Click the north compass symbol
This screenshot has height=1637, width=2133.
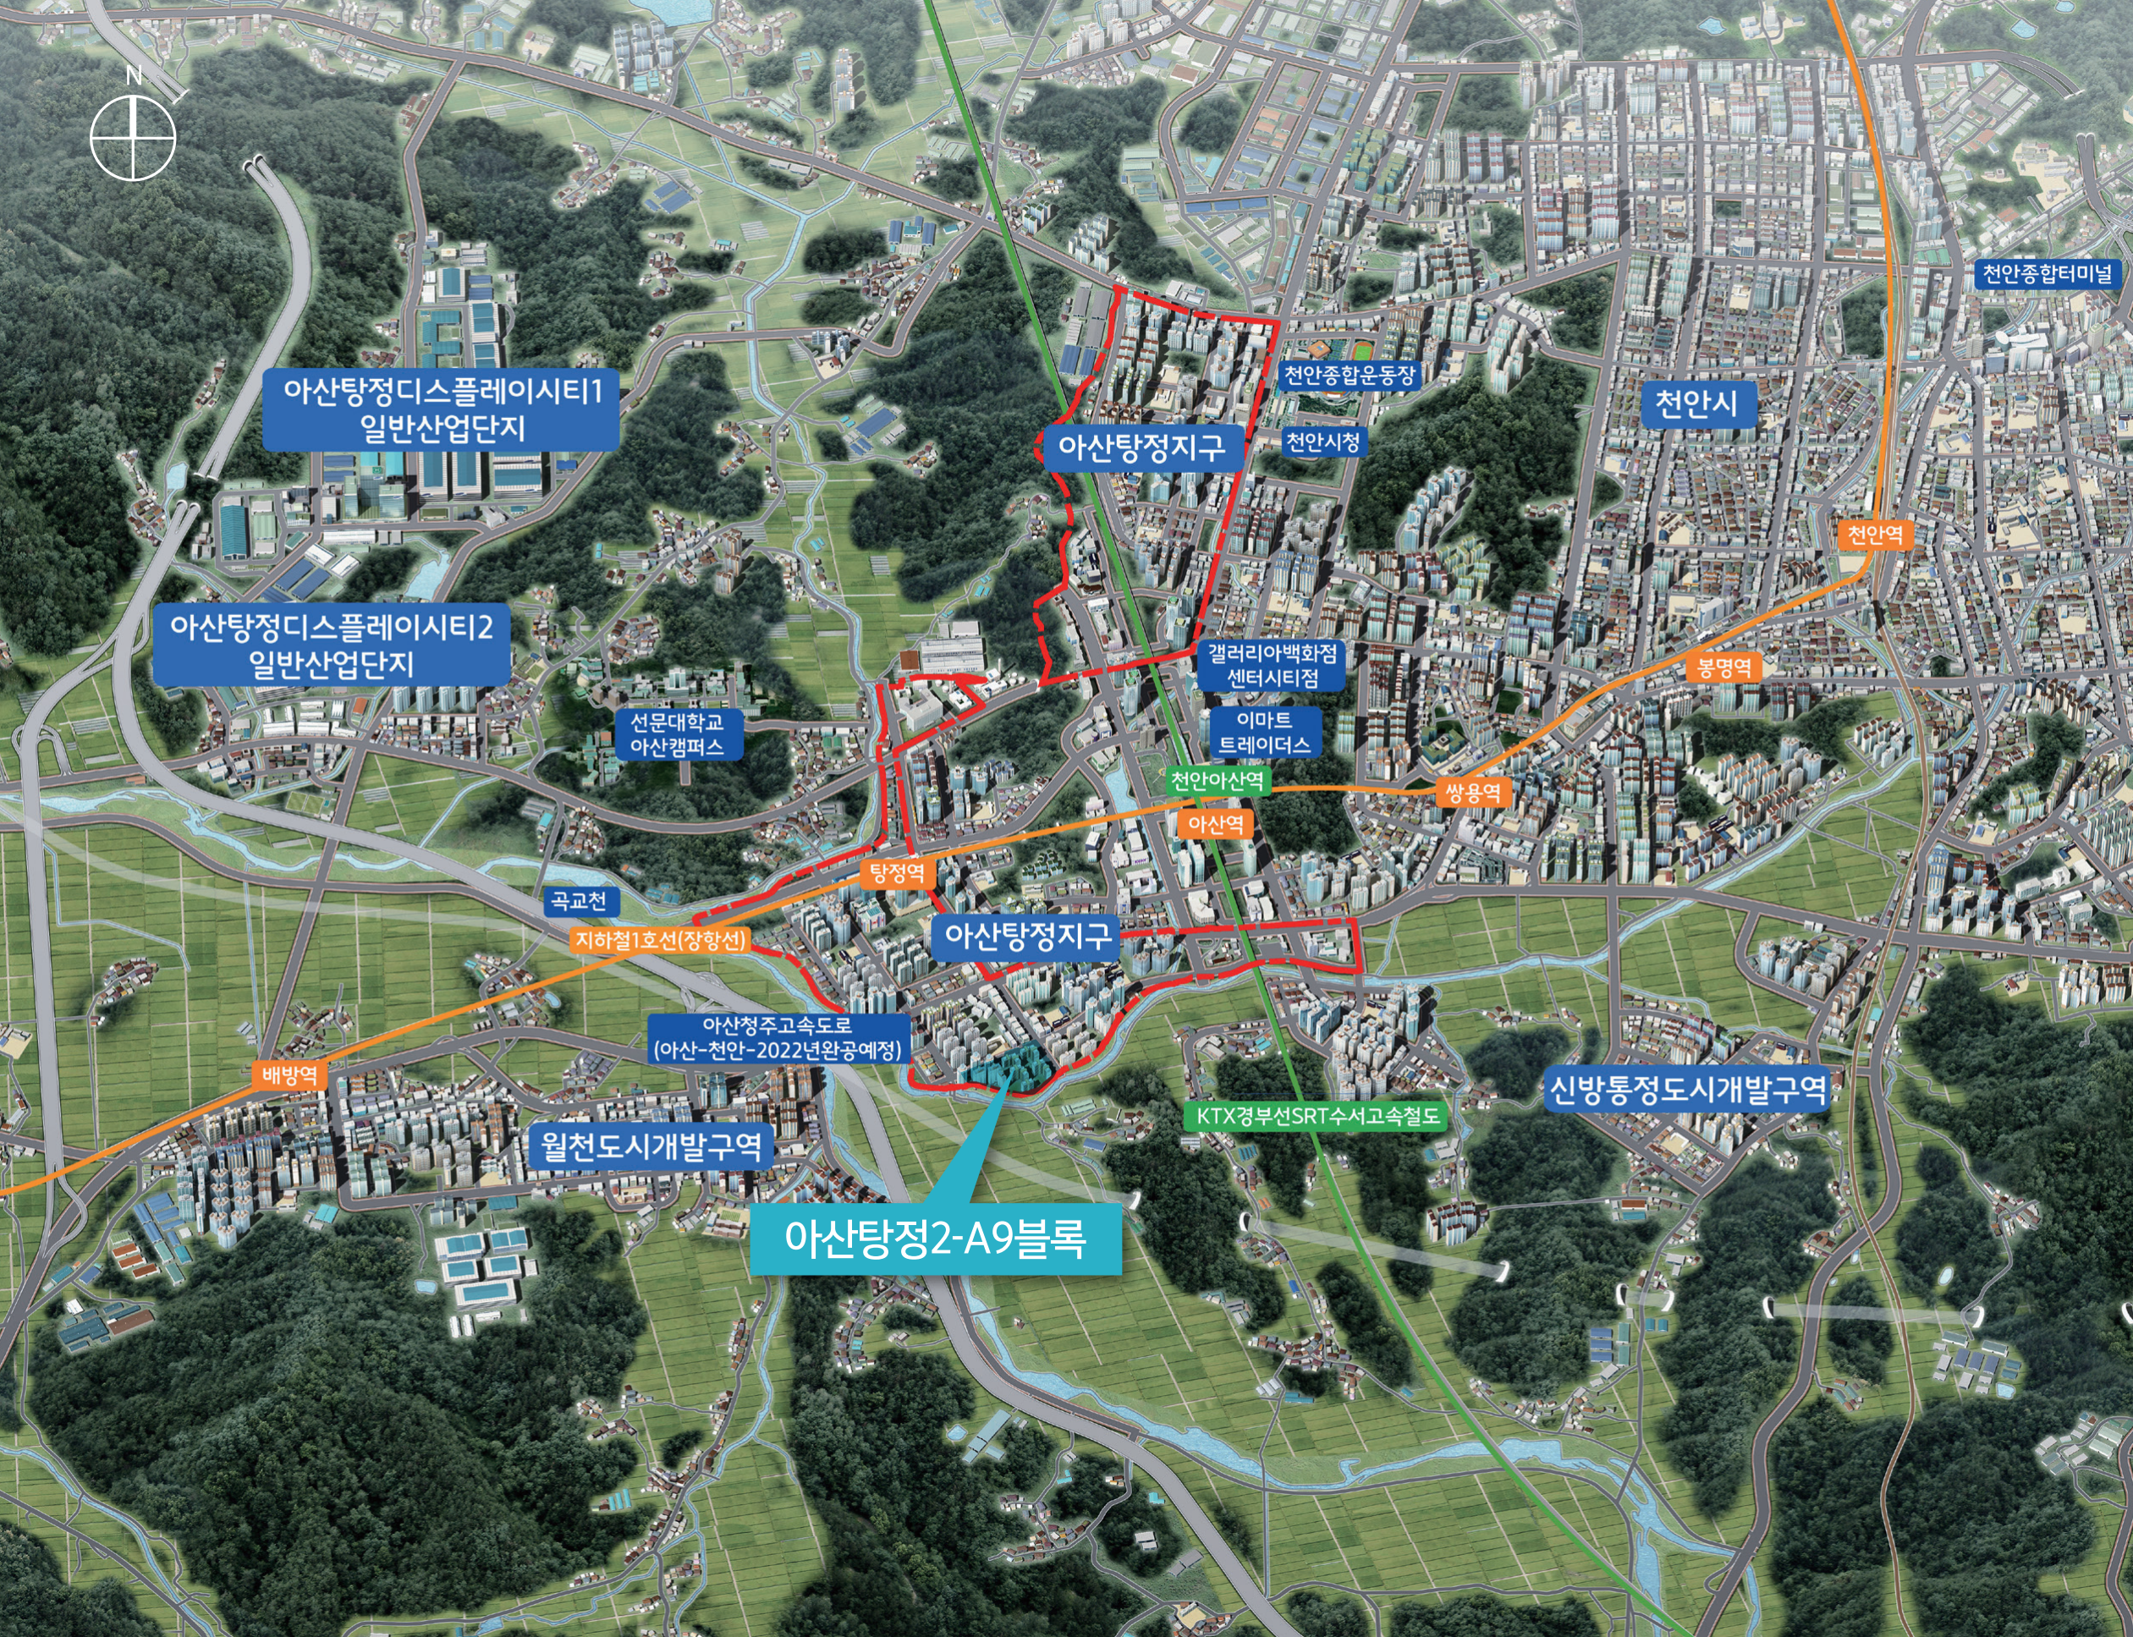point(133,137)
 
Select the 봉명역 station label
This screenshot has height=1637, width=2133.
point(1723,667)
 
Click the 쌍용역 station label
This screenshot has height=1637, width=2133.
point(1472,791)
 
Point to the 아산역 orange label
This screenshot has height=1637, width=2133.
point(1215,824)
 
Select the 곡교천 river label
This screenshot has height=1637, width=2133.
point(579,900)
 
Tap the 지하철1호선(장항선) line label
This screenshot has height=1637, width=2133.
point(661,940)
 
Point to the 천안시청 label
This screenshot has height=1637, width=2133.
point(1322,442)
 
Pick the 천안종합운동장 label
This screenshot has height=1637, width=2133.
point(1349,375)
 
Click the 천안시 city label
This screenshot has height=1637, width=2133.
point(1696,403)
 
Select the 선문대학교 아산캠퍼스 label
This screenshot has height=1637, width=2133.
point(676,733)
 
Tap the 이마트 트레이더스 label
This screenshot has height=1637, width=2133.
point(1265,732)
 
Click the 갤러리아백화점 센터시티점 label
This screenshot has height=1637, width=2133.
point(1272,665)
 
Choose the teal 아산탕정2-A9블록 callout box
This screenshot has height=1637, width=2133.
point(936,1239)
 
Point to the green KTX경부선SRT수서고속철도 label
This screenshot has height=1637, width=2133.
point(1317,1116)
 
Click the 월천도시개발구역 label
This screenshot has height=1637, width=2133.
point(651,1145)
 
